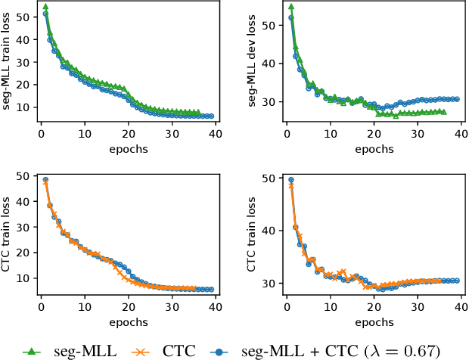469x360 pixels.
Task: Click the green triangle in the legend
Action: pos(30,350)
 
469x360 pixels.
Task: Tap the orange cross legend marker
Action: pos(141,350)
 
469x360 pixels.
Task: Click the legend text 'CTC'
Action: pos(179,350)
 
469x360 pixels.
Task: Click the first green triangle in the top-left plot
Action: pos(45,7)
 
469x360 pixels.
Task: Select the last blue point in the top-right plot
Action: pos(457,99)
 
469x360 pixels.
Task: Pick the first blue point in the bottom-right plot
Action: pos(290,180)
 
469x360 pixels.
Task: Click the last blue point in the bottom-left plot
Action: pos(211,290)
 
